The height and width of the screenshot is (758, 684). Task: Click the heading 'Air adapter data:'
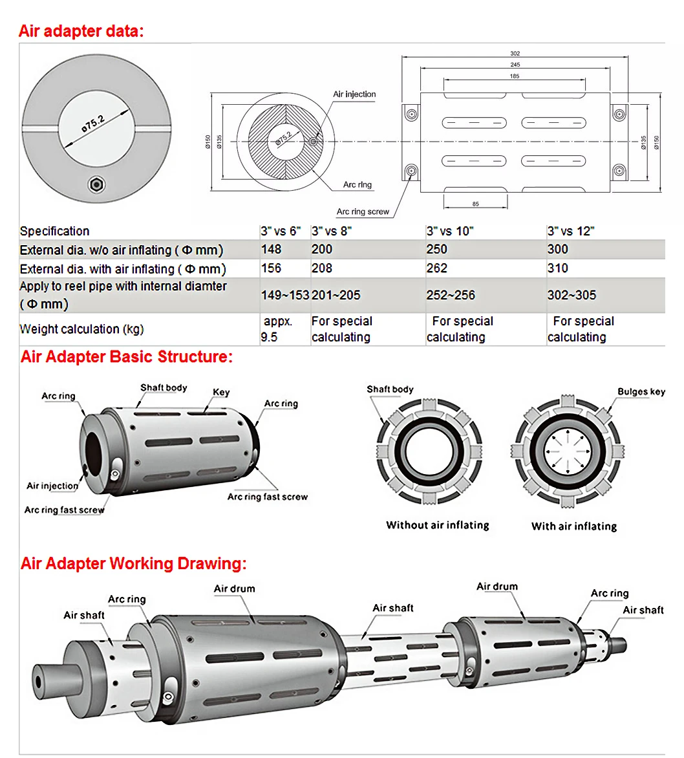pos(81,31)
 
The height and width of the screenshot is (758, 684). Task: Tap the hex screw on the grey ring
pos(96,184)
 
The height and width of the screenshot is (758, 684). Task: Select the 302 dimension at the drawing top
pos(515,54)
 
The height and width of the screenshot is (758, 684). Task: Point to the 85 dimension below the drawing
pos(476,204)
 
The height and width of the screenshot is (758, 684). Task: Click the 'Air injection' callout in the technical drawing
pos(354,94)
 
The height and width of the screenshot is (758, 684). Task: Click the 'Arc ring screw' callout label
pos(363,211)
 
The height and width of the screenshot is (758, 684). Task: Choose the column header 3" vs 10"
pos(450,231)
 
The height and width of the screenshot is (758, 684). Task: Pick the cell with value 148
pos(271,249)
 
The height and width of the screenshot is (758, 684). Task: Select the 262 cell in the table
pos(437,268)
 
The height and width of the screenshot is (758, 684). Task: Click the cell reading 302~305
pos(572,295)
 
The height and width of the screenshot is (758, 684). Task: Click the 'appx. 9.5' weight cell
pos(276,329)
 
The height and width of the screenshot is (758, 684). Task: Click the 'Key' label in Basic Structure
pos(221,393)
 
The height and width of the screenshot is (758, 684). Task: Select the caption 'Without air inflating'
pos(437,525)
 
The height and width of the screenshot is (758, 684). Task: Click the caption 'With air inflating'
pos(573,526)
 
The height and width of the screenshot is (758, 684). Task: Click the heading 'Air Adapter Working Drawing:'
pos(133,563)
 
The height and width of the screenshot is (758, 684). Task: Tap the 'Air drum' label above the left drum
pos(234,589)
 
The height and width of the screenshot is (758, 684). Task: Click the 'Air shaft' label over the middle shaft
pos(392,608)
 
